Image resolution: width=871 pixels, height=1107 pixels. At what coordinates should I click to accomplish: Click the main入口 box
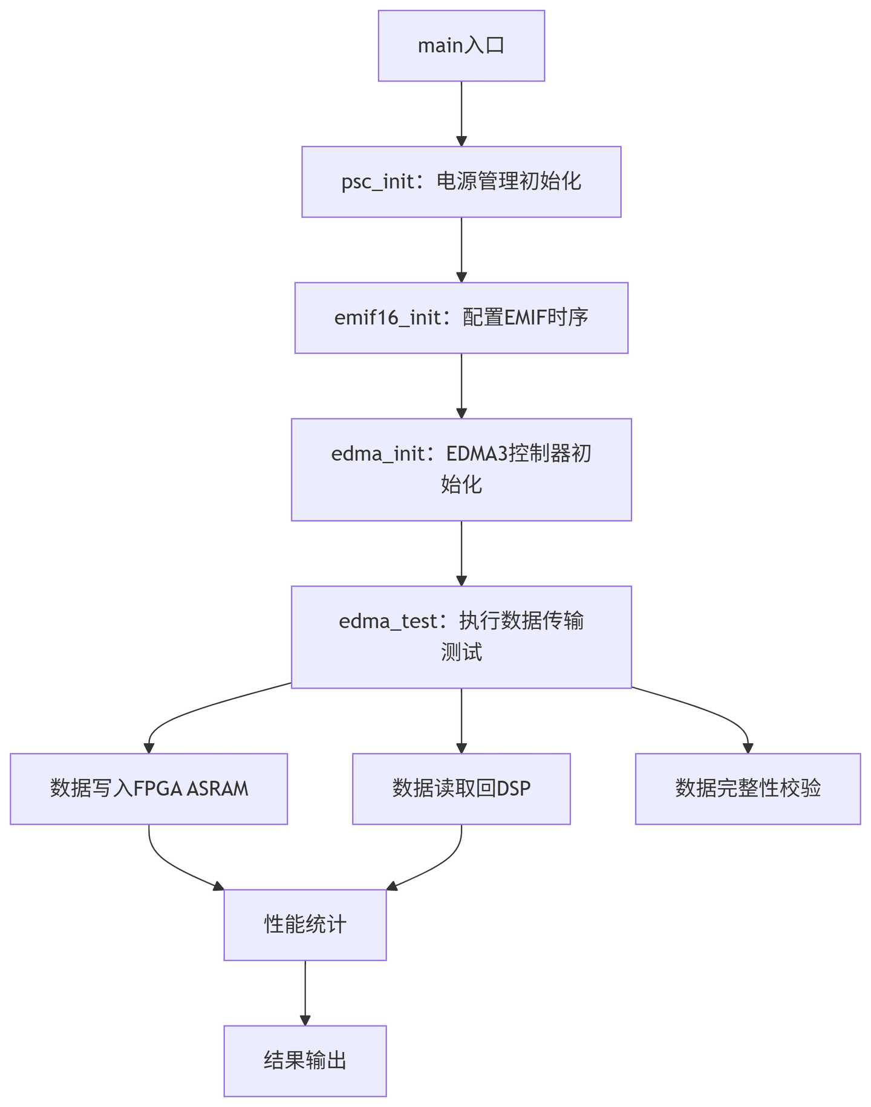[x=461, y=45]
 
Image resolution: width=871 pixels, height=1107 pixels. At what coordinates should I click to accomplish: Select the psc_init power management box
[x=461, y=182]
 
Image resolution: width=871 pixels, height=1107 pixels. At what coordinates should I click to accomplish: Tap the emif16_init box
[x=461, y=318]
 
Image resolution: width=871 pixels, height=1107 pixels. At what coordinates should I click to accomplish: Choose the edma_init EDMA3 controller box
[x=461, y=469]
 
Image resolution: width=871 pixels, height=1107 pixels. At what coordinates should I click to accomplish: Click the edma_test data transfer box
[x=461, y=637]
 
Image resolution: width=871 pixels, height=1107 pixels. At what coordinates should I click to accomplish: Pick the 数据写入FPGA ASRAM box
[x=148, y=789]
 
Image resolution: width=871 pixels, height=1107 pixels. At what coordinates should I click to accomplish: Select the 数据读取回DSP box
[x=461, y=789]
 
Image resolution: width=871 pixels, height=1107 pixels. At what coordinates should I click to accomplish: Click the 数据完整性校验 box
[x=748, y=789]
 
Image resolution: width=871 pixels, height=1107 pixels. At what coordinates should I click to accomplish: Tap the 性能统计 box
[x=305, y=925]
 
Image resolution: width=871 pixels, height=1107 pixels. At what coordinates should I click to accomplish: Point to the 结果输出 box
[x=305, y=1060]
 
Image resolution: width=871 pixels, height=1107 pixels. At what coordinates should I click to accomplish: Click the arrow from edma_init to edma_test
[x=462, y=553]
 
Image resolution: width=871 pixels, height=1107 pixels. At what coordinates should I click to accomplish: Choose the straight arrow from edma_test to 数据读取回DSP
[x=462, y=720]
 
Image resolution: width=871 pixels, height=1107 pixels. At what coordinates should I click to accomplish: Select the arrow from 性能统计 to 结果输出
[x=305, y=993]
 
